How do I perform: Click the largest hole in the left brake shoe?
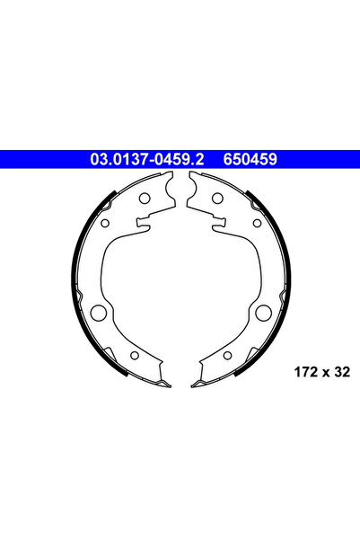(x=100, y=314)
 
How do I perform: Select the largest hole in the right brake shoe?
(x=262, y=314)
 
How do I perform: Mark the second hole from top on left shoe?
(x=106, y=223)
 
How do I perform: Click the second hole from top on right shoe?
(x=256, y=223)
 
